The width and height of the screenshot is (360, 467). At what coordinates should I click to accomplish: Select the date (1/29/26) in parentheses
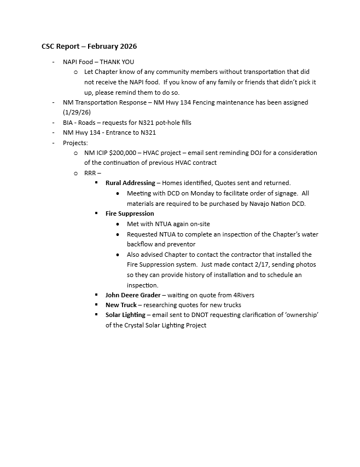77,112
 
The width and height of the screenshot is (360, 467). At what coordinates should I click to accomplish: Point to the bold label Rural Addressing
130,183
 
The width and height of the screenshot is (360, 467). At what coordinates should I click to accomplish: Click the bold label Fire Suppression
130,214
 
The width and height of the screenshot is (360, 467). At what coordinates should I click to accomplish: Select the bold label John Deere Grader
133,295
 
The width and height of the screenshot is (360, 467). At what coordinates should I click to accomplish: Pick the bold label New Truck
121,305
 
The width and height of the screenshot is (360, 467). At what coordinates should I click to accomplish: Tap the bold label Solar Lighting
125,315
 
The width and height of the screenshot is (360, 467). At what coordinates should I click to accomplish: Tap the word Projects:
76,143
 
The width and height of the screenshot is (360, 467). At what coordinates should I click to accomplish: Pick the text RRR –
92,173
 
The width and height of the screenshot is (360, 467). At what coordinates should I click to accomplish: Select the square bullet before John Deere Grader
96,295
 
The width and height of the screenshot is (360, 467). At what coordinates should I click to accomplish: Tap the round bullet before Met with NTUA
118,224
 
